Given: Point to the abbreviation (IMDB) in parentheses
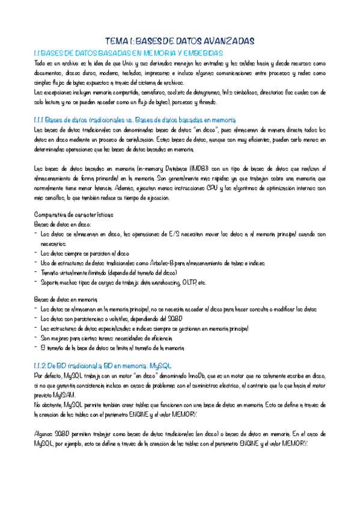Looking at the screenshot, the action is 209,168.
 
